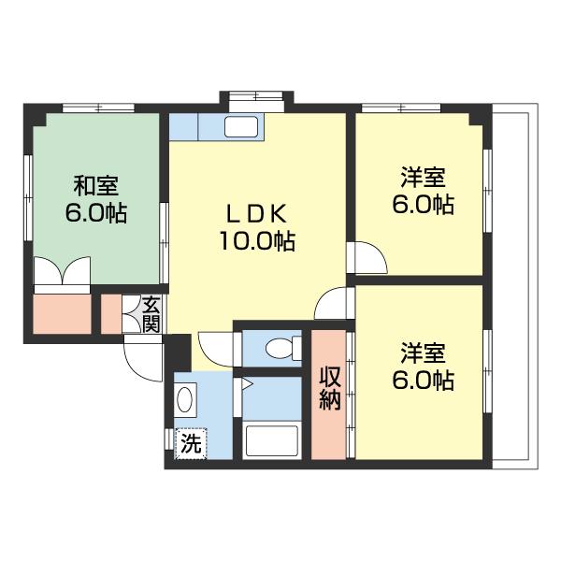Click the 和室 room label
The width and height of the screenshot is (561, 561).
pyautogui.click(x=96, y=186)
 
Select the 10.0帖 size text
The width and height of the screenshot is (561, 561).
pyautogui.click(x=257, y=241)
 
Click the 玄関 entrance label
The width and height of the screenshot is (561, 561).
pyautogui.click(x=151, y=314)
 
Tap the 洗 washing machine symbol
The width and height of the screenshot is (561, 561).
pyautogui.click(x=191, y=443)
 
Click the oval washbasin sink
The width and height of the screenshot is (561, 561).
pyautogui.click(x=185, y=399)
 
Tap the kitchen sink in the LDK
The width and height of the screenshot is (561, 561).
pyautogui.click(x=241, y=126)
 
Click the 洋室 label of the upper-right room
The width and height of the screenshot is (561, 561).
pyautogui.click(x=424, y=177)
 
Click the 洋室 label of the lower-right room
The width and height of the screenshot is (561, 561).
pyautogui.click(x=424, y=352)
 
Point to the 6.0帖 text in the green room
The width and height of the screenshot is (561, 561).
pyautogui.click(x=96, y=213)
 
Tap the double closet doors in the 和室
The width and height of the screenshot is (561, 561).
pyautogui.click(x=62, y=271)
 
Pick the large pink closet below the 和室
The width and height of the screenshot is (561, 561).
pyautogui.click(x=63, y=314)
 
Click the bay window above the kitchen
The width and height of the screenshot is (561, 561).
pyautogui.click(x=256, y=97)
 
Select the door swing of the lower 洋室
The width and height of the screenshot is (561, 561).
pyautogui.click(x=332, y=303)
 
